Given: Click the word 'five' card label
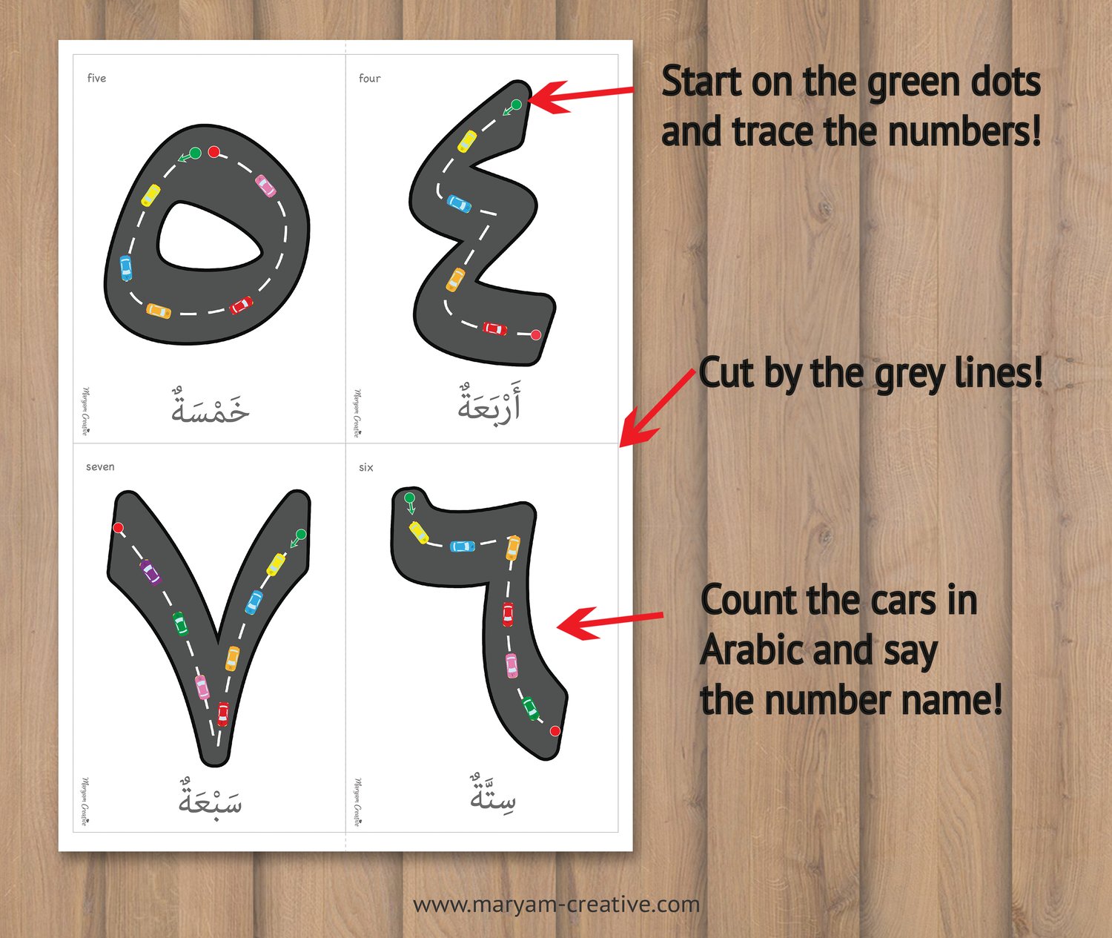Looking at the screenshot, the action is point(96,79).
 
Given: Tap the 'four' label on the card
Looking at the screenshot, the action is point(370,79).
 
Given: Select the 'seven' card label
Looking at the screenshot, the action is point(100,466).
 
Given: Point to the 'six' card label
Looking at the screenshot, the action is point(366,467).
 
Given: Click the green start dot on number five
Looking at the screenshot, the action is point(196,153).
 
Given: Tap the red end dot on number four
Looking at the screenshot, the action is point(536,334).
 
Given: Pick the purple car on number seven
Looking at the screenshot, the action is point(150,572).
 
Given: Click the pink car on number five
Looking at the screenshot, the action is point(265,185).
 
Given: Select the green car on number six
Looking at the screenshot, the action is point(530,708).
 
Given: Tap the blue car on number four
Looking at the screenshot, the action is point(459,204).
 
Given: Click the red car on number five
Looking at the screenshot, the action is point(241,305).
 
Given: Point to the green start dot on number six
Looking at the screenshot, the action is point(409,498).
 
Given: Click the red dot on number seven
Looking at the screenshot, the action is point(118,527).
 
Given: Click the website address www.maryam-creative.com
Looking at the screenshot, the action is point(557,905).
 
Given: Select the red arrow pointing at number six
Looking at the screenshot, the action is point(610,622).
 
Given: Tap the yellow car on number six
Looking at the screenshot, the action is point(418,532).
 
